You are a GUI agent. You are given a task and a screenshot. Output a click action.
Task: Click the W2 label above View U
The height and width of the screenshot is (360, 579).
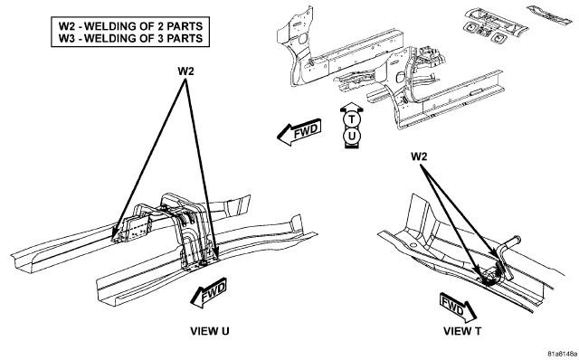185,71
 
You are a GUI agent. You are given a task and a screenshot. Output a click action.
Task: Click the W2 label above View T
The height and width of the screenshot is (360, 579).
419,156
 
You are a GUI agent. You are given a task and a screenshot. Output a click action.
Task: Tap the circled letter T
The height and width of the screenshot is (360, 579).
352,119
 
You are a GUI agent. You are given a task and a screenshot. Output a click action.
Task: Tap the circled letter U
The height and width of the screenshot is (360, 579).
352,137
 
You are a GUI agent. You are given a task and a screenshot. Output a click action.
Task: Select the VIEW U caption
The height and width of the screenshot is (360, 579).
210,331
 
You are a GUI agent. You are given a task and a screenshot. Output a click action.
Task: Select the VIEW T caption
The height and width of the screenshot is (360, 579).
462,331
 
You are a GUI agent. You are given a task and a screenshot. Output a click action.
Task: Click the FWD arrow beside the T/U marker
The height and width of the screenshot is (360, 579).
299,132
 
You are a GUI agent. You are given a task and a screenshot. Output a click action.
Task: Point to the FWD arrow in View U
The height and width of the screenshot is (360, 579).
209,292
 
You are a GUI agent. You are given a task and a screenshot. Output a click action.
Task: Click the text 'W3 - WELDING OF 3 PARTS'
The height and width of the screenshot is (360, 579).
130,38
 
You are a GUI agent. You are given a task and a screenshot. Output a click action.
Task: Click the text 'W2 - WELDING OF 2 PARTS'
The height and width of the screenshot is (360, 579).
130,26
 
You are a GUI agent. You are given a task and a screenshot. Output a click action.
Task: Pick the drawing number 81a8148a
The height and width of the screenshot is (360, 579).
563,354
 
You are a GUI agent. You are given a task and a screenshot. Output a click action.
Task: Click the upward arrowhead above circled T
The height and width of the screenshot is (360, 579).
352,107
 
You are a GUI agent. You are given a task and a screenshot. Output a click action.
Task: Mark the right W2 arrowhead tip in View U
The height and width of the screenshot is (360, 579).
217,260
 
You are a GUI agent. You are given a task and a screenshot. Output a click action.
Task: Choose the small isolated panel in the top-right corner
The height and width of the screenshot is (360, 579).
549,14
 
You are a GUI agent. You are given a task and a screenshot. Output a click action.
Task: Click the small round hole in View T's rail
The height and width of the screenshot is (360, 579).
413,244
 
